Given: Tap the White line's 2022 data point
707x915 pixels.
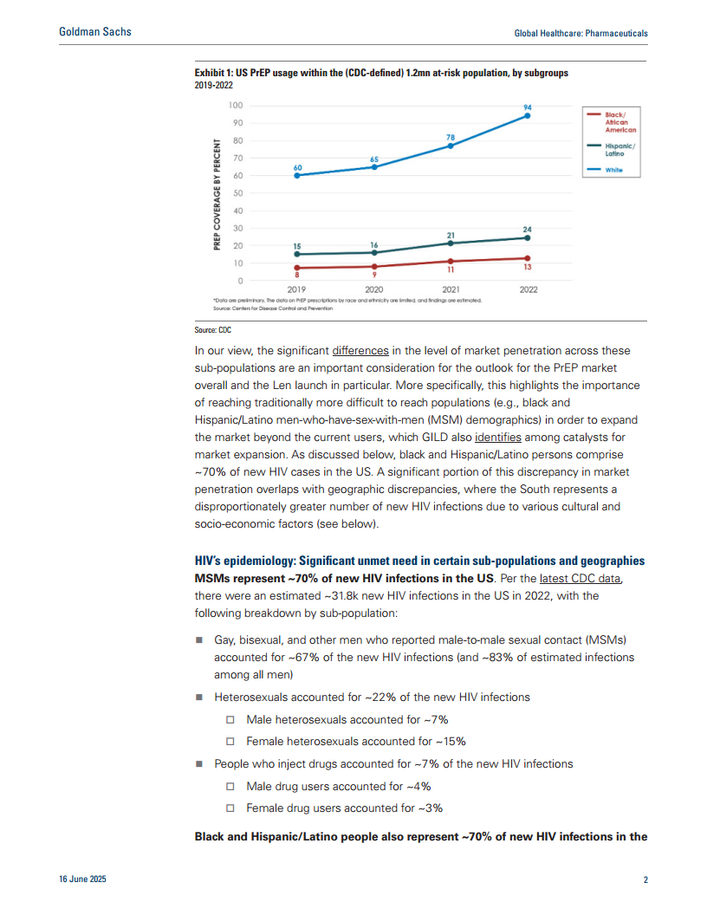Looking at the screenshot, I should pos(527,115).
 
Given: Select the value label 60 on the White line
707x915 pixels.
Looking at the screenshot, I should pos(297,166).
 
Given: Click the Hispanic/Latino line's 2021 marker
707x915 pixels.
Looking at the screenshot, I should pos(451,243).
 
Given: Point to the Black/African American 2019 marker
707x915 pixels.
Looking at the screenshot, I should pos(297,268).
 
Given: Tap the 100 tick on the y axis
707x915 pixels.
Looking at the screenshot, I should pos(235,105).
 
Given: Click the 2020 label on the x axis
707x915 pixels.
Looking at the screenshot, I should pos(374,290).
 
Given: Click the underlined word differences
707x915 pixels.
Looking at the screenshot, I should pos(361,351).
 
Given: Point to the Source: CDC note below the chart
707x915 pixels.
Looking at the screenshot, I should pos(212,330).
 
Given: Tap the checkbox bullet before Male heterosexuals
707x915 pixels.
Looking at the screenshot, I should pos(230,720).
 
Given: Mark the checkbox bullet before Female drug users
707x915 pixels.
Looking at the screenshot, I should pos(230,808).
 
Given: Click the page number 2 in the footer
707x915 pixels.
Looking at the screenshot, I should pos(645,880).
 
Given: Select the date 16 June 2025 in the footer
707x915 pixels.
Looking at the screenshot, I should pos(81,880).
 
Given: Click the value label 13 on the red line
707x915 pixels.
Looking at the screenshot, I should pos(528,268).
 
